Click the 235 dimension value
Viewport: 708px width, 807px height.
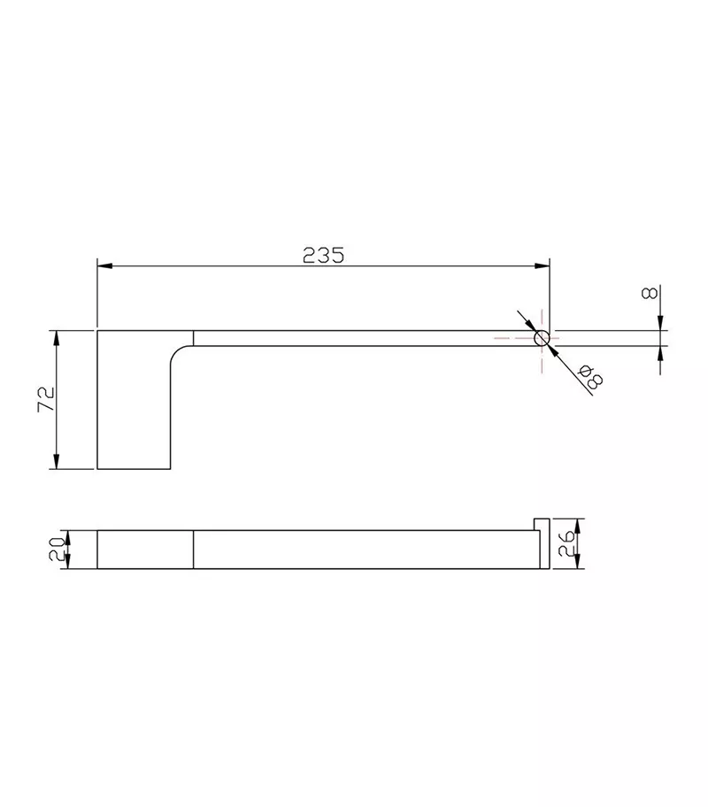pos(323,255)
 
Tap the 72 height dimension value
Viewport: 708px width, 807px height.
pos(46,399)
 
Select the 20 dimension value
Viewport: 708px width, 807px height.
pos(56,549)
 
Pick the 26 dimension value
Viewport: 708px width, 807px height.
pos(566,543)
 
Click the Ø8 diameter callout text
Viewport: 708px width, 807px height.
pos(589,377)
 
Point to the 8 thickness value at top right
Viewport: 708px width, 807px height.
pos(650,294)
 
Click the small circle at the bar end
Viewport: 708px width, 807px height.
pos(542,339)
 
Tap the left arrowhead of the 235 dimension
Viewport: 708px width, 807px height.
pos(105,266)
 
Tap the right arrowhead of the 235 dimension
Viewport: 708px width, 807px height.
pos(542,266)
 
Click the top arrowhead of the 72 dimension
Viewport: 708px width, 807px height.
pos(57,338)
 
